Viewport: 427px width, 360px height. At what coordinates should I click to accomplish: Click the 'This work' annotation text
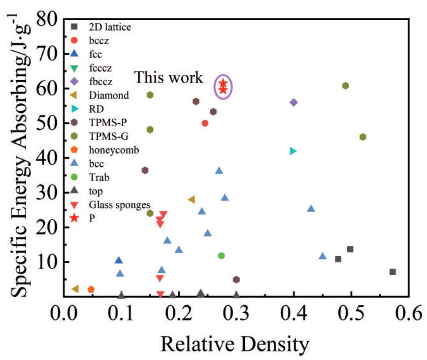169,78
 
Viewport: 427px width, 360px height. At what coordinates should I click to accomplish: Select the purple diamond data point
294,102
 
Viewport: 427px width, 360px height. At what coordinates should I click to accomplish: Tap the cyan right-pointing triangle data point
294,151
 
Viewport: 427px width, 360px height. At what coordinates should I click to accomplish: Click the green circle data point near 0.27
221,256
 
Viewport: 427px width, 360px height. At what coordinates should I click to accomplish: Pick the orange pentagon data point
91,290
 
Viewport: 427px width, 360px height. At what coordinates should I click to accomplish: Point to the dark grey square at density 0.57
393,272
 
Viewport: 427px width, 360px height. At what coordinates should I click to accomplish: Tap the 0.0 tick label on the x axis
64,313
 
